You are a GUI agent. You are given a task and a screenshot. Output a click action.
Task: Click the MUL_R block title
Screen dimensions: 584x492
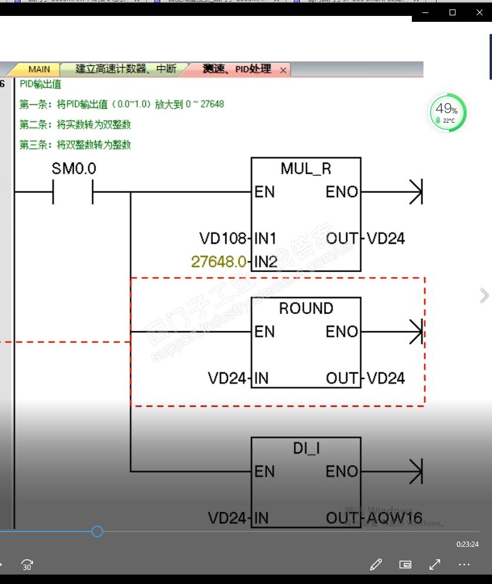pos(306,169)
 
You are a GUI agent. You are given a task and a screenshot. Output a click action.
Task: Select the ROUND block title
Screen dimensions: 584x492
pos(306,309)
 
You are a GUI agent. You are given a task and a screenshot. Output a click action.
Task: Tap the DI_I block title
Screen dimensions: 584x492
pos(306,449)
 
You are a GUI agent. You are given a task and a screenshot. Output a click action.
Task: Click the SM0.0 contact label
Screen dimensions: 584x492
pos(74,169)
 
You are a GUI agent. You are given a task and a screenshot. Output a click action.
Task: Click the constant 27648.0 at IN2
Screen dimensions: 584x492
pos(218,261)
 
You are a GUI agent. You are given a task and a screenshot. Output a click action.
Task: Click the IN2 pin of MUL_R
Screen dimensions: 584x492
pos(266,262)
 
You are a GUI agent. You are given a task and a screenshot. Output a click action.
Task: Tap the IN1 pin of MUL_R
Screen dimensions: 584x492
pos(266,239)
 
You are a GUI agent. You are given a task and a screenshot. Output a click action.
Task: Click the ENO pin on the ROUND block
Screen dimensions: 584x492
pos(342,332)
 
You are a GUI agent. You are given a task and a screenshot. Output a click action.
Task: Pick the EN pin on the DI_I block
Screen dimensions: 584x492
pos(265,472)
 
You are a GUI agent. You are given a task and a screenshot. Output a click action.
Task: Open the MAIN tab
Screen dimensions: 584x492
pos(39,70)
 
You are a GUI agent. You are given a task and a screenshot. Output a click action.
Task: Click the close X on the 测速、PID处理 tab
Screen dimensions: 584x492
pos(283,70)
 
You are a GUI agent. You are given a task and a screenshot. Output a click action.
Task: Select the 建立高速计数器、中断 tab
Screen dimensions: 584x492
pos(126,69)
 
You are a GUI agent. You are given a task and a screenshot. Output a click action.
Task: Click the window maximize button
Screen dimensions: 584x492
pos(453,12)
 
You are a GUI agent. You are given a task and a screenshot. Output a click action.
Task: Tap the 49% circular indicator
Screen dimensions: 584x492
pos(447,112)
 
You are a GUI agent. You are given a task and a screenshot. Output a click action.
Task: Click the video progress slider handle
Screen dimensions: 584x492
pos(97,531)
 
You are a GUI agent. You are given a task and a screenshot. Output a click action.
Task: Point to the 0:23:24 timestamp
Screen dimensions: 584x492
pos(467,544)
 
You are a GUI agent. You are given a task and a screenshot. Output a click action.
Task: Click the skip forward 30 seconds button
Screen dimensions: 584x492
pos(27,565)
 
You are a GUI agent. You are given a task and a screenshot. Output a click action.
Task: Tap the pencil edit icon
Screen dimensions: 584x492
pos(376,565)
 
